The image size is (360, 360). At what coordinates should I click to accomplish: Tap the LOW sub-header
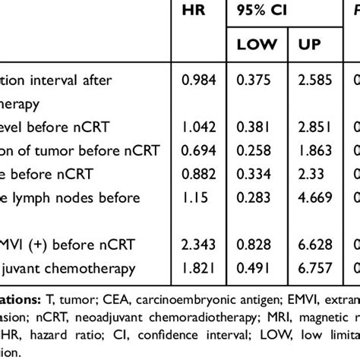point(257,46)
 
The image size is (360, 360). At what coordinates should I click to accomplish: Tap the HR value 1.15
point(195,200)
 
